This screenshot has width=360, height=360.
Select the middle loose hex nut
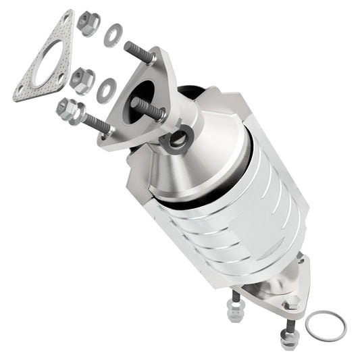pos(81,80)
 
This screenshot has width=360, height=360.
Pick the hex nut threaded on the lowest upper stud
pos(68,109)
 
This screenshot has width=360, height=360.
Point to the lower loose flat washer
pos(106,90)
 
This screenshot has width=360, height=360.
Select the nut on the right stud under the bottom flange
pos(286,334)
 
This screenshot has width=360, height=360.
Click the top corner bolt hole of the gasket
pos(65,20)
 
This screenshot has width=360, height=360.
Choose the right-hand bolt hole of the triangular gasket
pos(62,78)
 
